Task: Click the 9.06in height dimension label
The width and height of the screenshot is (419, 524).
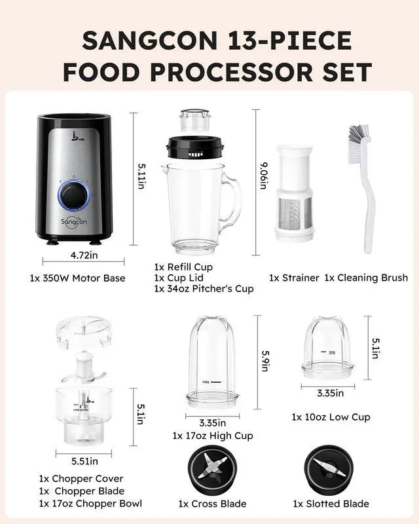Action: [263, 177]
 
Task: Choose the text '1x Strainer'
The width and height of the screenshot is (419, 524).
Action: [292, 278]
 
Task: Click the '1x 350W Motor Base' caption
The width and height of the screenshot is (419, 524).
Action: [77, 278]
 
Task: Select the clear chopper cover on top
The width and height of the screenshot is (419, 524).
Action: [84, 332]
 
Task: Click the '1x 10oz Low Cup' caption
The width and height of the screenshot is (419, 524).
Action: [331, 417]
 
